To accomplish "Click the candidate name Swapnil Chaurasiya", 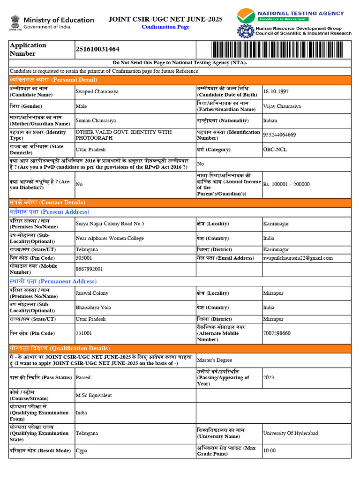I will [97, 92].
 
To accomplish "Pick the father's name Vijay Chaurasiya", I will [282, 106].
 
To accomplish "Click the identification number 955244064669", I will [279, 135].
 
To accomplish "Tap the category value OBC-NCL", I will [275, 150].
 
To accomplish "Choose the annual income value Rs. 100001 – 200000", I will [286, 185].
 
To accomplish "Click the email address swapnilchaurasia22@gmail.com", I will [298, 258].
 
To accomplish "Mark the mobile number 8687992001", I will [90, 270].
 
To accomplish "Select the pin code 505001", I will [84, 258].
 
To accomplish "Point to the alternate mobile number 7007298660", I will [277, 334].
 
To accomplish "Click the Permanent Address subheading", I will [53, 282].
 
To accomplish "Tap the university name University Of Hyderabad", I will [291, 434].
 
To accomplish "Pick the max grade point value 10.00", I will [270, 451].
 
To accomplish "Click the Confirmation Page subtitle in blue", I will [165, 27].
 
